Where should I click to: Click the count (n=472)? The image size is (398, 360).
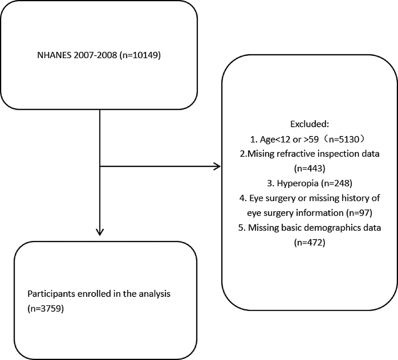(310, 243)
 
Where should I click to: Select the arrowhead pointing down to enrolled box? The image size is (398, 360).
(99, 232)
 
